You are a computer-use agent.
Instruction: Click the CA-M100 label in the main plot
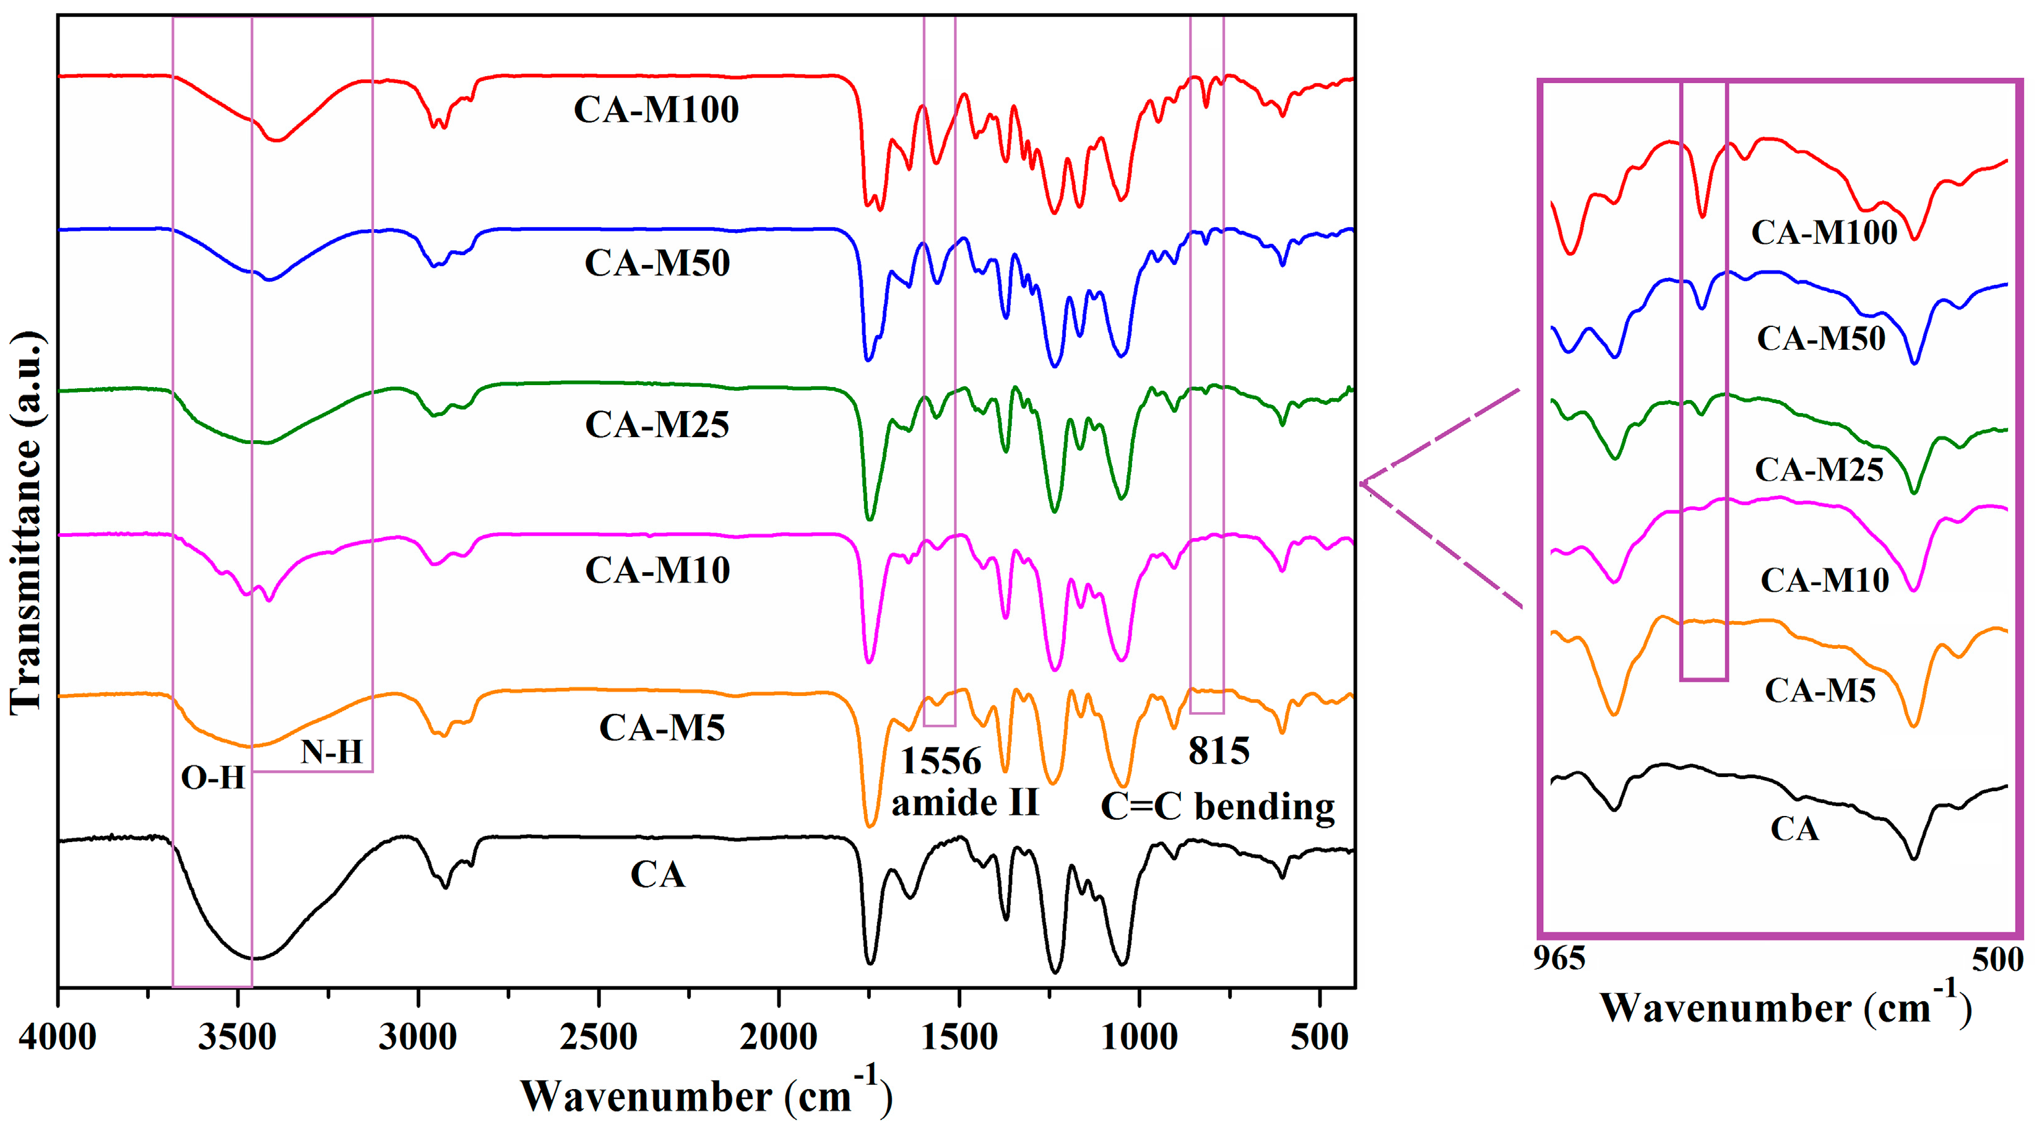(656, 110)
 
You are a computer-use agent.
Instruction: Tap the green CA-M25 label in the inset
(1819, 469)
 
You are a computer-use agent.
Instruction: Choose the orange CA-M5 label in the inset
(1820, 690)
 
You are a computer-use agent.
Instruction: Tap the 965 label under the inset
(1559, 958)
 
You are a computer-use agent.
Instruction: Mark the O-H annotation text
(212, 778)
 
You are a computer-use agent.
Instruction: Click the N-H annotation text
(331, 751)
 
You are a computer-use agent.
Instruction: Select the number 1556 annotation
(941, 761)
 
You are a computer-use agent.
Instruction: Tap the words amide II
(965, 803)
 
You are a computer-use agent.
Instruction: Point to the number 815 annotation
(1218, 751)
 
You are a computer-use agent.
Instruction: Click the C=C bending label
(1218, 807)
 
